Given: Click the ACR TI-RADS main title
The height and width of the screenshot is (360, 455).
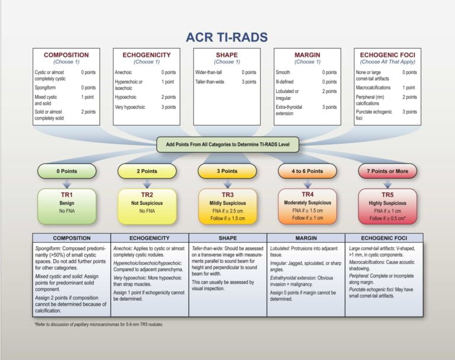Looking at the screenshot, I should click(x=227, y=37).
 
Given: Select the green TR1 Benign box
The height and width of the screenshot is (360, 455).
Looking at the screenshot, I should click(x=66, y=206).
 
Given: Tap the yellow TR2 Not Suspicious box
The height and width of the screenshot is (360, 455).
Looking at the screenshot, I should click(x=147, y=206).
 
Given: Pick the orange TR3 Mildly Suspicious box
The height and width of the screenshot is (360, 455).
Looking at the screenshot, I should click(x=227, y=206).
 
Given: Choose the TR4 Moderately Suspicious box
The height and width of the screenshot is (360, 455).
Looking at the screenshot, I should click(x=307, y=206).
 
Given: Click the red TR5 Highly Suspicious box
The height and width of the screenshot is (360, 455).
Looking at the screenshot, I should click(x=387, y=206).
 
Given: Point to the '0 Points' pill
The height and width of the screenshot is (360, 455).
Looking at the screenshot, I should click(x=66, y=171).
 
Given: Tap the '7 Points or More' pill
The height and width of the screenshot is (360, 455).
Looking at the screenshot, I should click(x=387, y=171).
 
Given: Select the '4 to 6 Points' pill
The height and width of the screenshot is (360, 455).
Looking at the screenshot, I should click(x=307, y=171).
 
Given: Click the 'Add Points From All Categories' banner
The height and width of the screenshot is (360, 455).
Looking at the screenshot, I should click(x=227, y=144).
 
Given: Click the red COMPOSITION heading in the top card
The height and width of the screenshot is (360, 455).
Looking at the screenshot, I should click(x=66, y=55).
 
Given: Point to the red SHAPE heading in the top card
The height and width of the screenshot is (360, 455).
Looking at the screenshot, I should click(x=227, y=55).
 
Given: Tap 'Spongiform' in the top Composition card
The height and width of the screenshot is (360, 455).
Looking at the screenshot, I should click(x=47, y=87).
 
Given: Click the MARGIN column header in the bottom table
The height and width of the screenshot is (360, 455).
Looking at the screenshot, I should click(x=307, y=238).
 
